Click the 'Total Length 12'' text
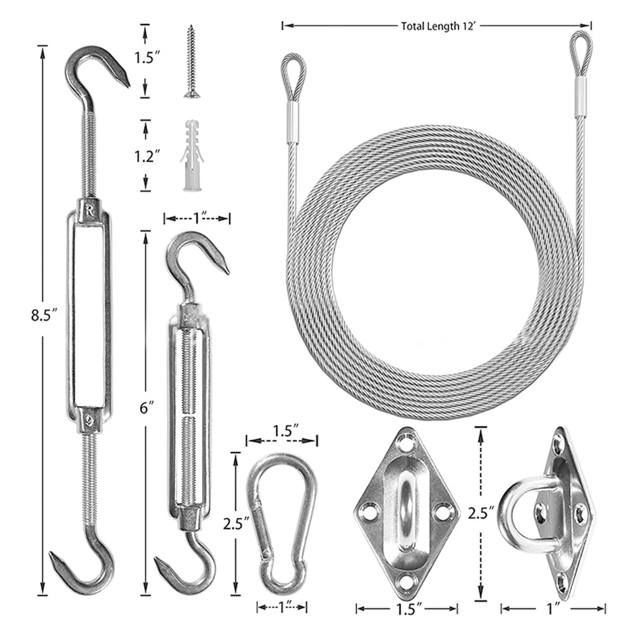[438, 26]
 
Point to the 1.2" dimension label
[147, 156]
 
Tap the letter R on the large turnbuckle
[89, 210]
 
